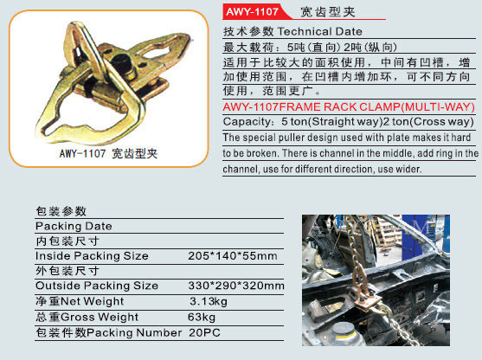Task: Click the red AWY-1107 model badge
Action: pos(253,11)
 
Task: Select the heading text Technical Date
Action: pos(320,31)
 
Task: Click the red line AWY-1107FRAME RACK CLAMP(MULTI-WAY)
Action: pos(349,107)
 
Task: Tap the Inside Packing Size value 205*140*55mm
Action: pos(233,256)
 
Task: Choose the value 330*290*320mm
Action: pos(236,286)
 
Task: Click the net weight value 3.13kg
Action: pos(209,301)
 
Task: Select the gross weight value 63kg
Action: pos(202,317)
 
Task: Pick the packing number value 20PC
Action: pos(205,332)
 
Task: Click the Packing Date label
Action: pos(74,226)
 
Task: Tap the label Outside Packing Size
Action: pos(97,286)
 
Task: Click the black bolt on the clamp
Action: pos(123,62)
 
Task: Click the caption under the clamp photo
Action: pos(108,153)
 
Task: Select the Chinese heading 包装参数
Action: pos(61,211)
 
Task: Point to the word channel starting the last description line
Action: pos(241,169)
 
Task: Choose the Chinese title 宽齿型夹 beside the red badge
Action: pos(328,12)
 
